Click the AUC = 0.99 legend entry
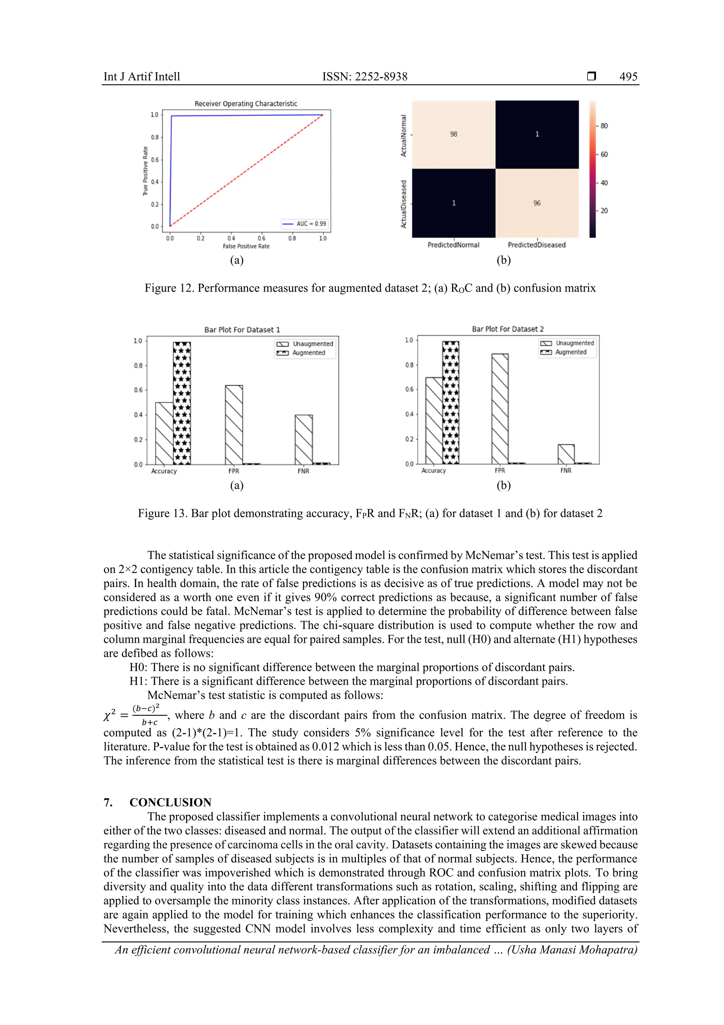pos(305,224)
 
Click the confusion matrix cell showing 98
pos(453,134)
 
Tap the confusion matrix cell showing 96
pos(537,203)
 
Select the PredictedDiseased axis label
pos(536,245)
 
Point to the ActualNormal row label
pos(404,135)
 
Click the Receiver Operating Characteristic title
pos(246,104)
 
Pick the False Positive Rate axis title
pos(246,246)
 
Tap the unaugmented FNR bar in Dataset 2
pos(566,454)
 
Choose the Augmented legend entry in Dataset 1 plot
pos(308,353)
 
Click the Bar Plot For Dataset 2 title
pos(508,329)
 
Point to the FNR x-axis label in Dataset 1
pos(303,471)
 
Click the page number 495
pos(628,77)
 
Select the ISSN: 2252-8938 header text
pos(365,77)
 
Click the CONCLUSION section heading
pos(170,802)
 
